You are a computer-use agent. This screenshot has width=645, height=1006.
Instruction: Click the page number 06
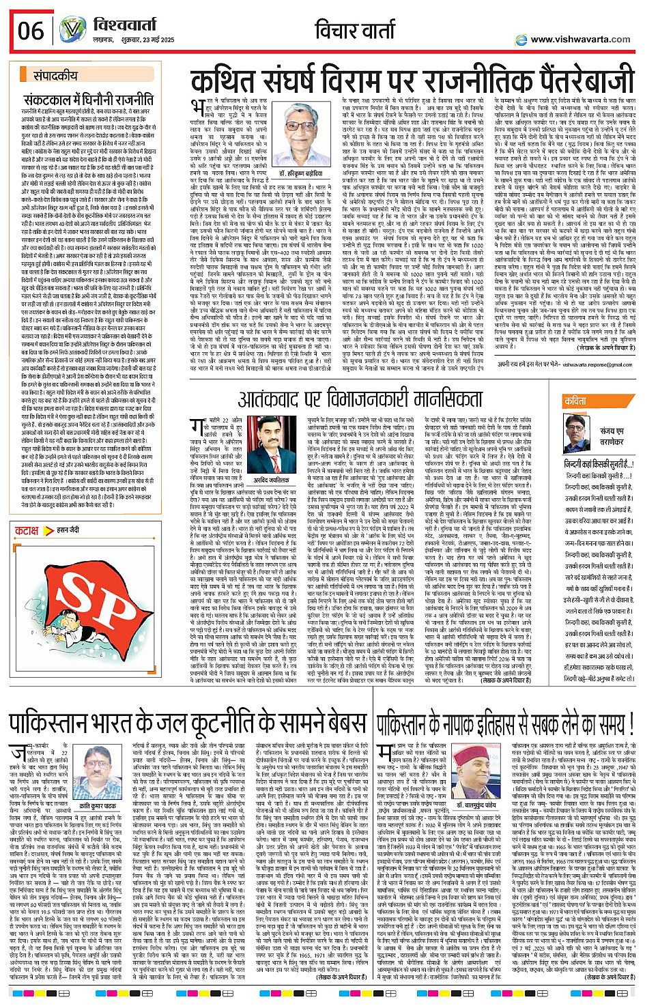(x=31, y=30)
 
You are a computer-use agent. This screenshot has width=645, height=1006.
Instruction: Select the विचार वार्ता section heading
(x=354, y=30)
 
